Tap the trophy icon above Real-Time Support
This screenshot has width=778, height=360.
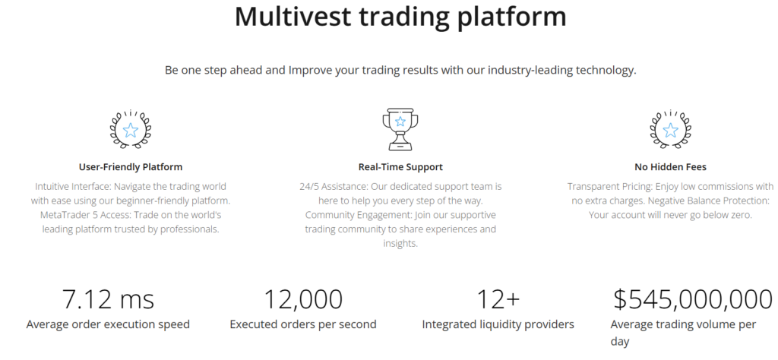coord(400,128)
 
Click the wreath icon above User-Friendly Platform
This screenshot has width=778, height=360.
coord(131,128)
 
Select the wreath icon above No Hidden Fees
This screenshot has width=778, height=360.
coord(670,128)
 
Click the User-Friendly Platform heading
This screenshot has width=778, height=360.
coord(131,167)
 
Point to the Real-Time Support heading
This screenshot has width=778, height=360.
coord(400,167)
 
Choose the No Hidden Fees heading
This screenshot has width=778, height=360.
coord(670,167)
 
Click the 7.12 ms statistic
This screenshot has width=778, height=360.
coord(108,299)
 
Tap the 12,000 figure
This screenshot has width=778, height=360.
coord(303,299)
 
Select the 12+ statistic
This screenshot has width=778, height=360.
coord(498,299)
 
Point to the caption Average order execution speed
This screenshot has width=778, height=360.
coord(108,324)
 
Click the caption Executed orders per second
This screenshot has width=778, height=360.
coord(303,324)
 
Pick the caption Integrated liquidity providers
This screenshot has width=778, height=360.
coord(498,324)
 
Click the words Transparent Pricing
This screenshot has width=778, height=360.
coord(610,186)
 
